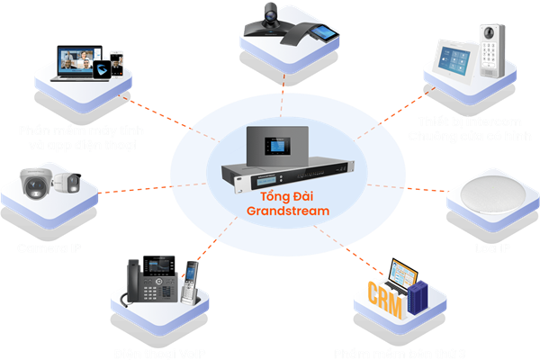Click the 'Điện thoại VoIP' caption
[157, 352]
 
